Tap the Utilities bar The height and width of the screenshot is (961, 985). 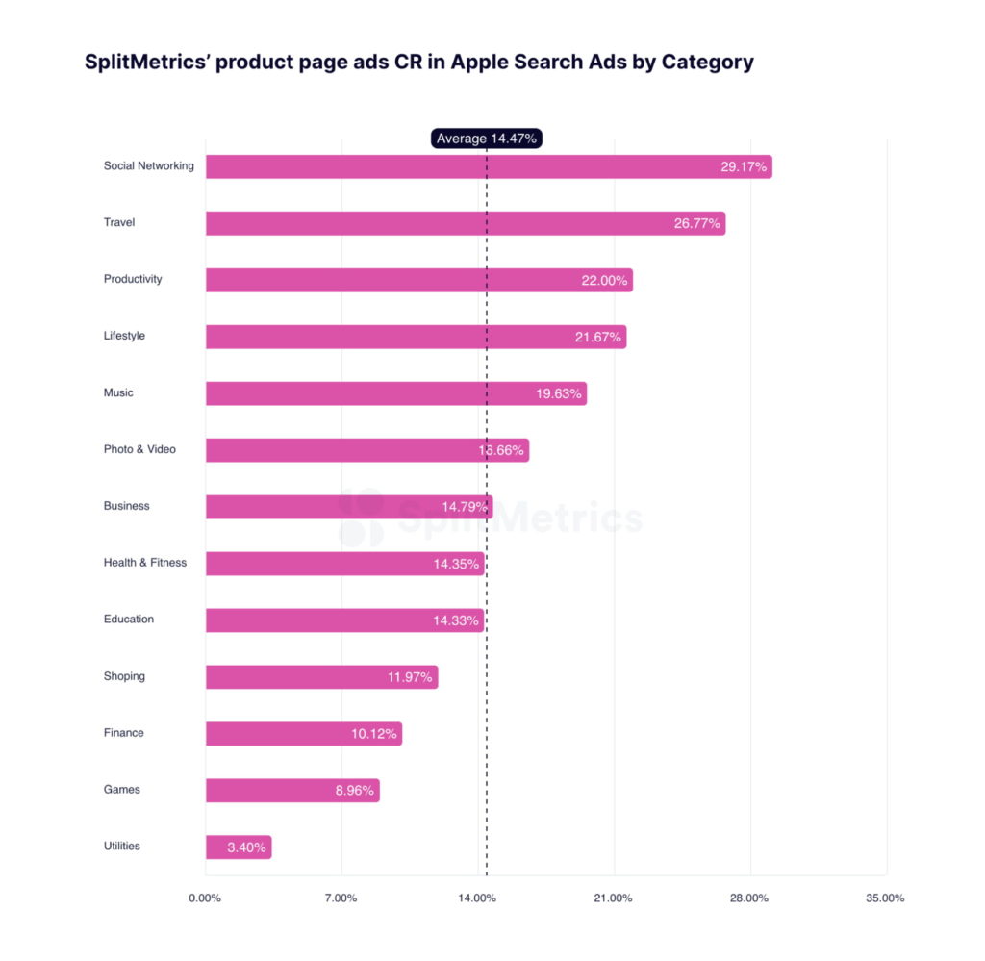click(216, 847)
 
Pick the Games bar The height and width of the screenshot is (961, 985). click(269, 791)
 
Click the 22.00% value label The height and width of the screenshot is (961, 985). click(604, 280)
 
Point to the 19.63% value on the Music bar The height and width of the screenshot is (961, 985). click(559, 393)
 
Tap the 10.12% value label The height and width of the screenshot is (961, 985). click(373, 734)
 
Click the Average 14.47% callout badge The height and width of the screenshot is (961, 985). click(486, 139)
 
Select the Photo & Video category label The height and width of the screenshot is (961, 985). click(139, 449)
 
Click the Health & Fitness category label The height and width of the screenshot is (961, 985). click(145, 563)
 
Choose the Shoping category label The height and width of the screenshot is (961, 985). click(124, 676)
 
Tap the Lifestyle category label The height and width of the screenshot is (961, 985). click(124, 336)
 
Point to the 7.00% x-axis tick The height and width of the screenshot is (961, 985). click(341, 898)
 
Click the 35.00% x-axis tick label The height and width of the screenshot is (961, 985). click(885, 898)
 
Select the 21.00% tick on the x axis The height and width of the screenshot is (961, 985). click(613, 898)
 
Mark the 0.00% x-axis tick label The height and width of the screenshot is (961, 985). click(205, 898)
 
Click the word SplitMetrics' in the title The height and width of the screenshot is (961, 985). click(144, 63)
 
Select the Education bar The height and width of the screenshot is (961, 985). click(317, 620)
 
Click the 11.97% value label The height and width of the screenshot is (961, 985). click(411, 677)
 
